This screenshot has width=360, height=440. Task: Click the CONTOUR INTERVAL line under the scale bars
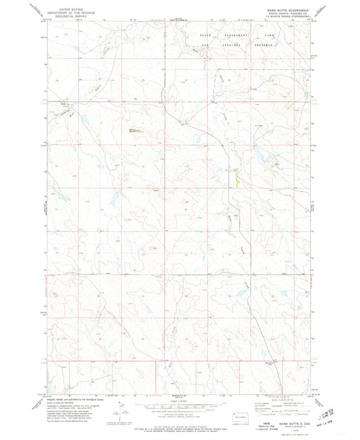click(180, 413)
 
